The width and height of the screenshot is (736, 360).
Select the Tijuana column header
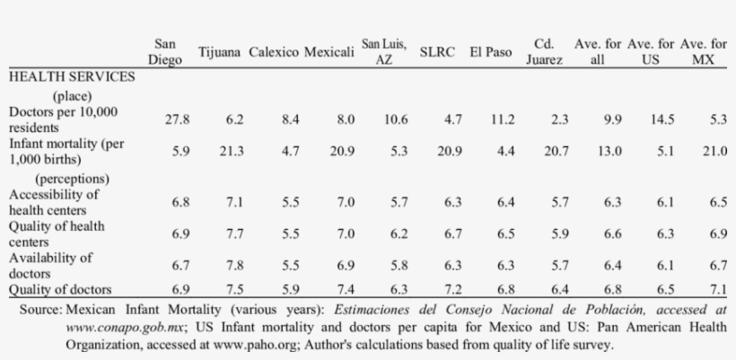point(220,52)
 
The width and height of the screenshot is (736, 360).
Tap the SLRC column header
point(437,52)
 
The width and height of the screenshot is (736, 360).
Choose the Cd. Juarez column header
point(545,52)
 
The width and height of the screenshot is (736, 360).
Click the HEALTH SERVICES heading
point(72,77)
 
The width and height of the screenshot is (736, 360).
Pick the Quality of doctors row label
point(60,288)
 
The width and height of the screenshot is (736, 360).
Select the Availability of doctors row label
point(50,264)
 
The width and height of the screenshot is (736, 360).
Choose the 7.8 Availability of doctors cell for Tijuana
point(234,264)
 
